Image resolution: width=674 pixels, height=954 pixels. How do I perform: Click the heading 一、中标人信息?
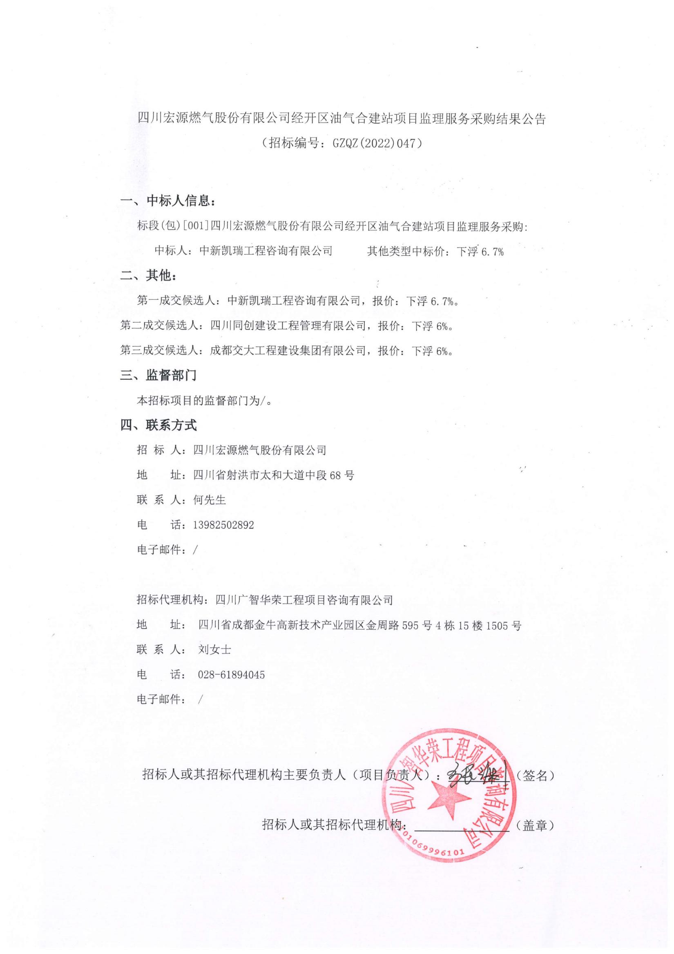[x=168, y=201]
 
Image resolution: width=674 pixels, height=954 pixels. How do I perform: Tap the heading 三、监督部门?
[x=158, y=375]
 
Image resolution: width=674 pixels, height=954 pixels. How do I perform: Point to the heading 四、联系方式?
[x=158, y=425]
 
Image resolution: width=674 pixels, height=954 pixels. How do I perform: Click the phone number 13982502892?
[x=223, y=525]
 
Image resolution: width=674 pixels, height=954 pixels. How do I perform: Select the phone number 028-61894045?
[x=231, y=674]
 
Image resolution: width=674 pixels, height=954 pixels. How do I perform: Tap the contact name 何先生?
[x=210, y=500]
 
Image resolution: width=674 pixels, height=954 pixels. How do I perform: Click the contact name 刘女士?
[x=214, y=649]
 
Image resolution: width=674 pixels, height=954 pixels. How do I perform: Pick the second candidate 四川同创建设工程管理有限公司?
[x=288, y=326]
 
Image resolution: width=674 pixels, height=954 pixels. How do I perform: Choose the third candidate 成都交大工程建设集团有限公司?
[x=288, y=351]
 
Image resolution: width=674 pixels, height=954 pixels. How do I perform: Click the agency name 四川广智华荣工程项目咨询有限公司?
[x=304, y=600]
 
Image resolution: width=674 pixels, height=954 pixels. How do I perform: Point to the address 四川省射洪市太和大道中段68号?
[x=273, y=475]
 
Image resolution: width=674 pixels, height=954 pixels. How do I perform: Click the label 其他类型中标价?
[x=406, y=251]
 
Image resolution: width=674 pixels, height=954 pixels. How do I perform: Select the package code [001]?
[x=195, y=226]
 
